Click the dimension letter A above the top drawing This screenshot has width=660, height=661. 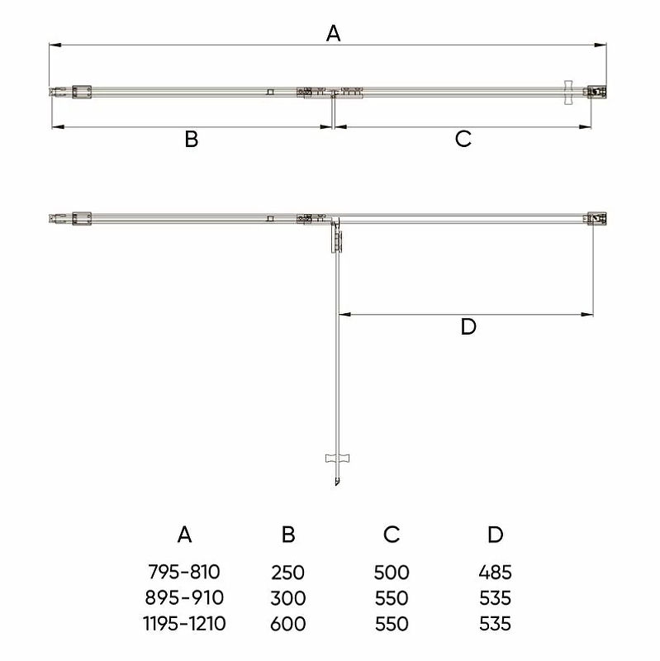coord(333,33)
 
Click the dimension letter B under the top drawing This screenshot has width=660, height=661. coord(192,139)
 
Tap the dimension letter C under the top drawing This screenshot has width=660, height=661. coord(463,139)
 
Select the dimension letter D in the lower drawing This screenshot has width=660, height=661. coord(468,326)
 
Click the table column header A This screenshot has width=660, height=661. coord(184,535)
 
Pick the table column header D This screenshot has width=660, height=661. coord(496,535)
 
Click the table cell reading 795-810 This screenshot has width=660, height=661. coord(184,572)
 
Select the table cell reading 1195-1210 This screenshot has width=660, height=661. coord(184,624)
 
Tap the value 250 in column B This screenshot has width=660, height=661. coord(287,573)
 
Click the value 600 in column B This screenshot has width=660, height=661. coord(287,624)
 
